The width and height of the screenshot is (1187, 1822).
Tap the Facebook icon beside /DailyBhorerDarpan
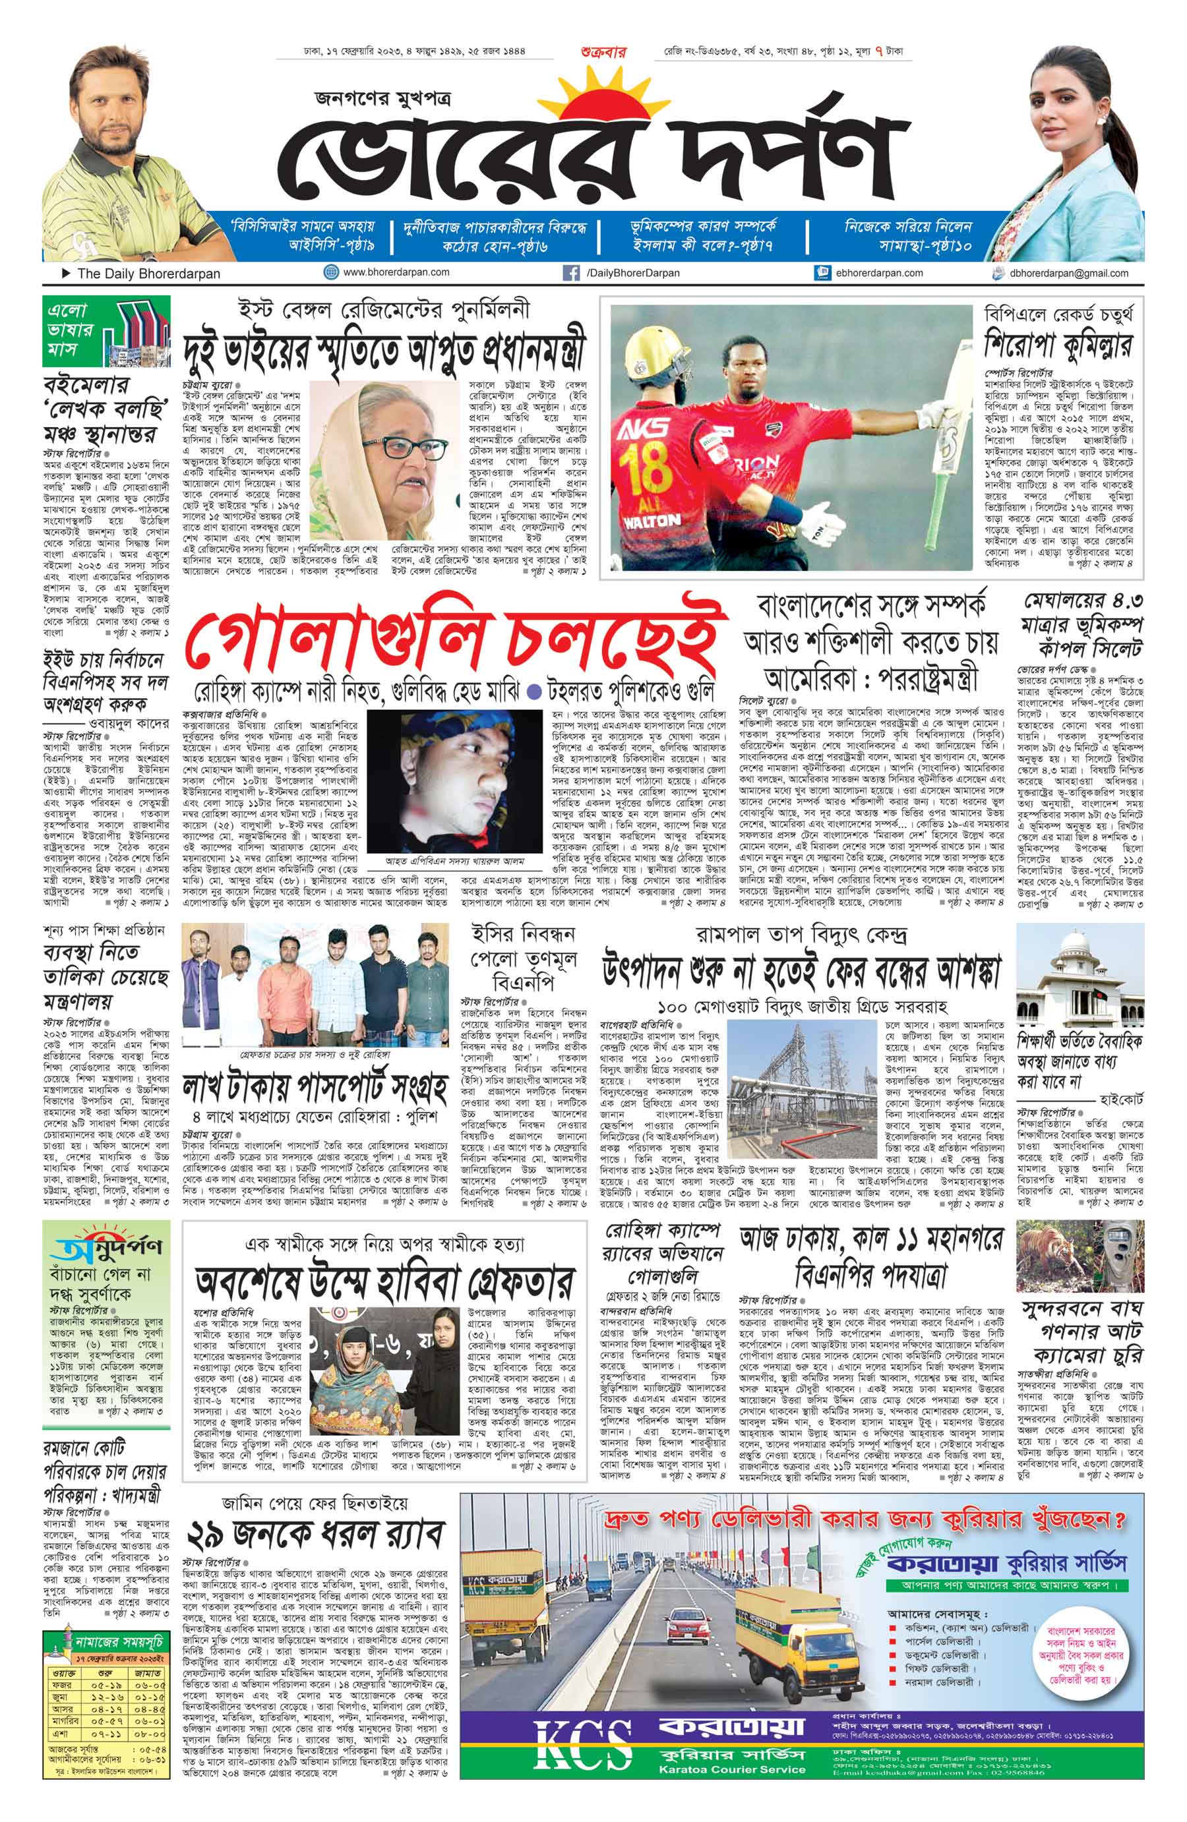coord(570,272)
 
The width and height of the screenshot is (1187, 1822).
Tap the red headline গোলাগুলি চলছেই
coord(456,644)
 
